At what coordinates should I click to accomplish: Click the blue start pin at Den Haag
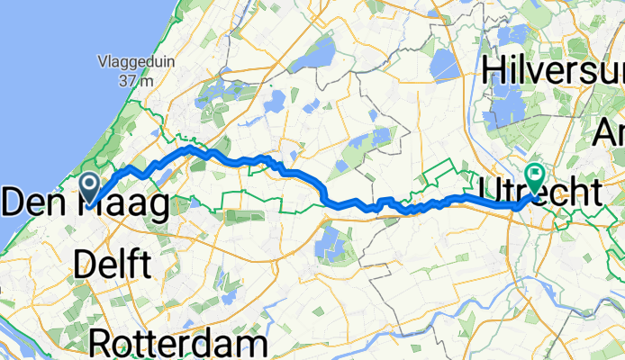point(91,185)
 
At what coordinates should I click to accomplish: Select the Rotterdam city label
point(179,344)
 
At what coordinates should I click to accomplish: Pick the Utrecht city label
point(540,192)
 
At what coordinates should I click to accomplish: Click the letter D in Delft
point(85,264)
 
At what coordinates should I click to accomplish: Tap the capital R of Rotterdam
point(104,344)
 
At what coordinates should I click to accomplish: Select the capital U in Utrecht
point(494,192)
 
